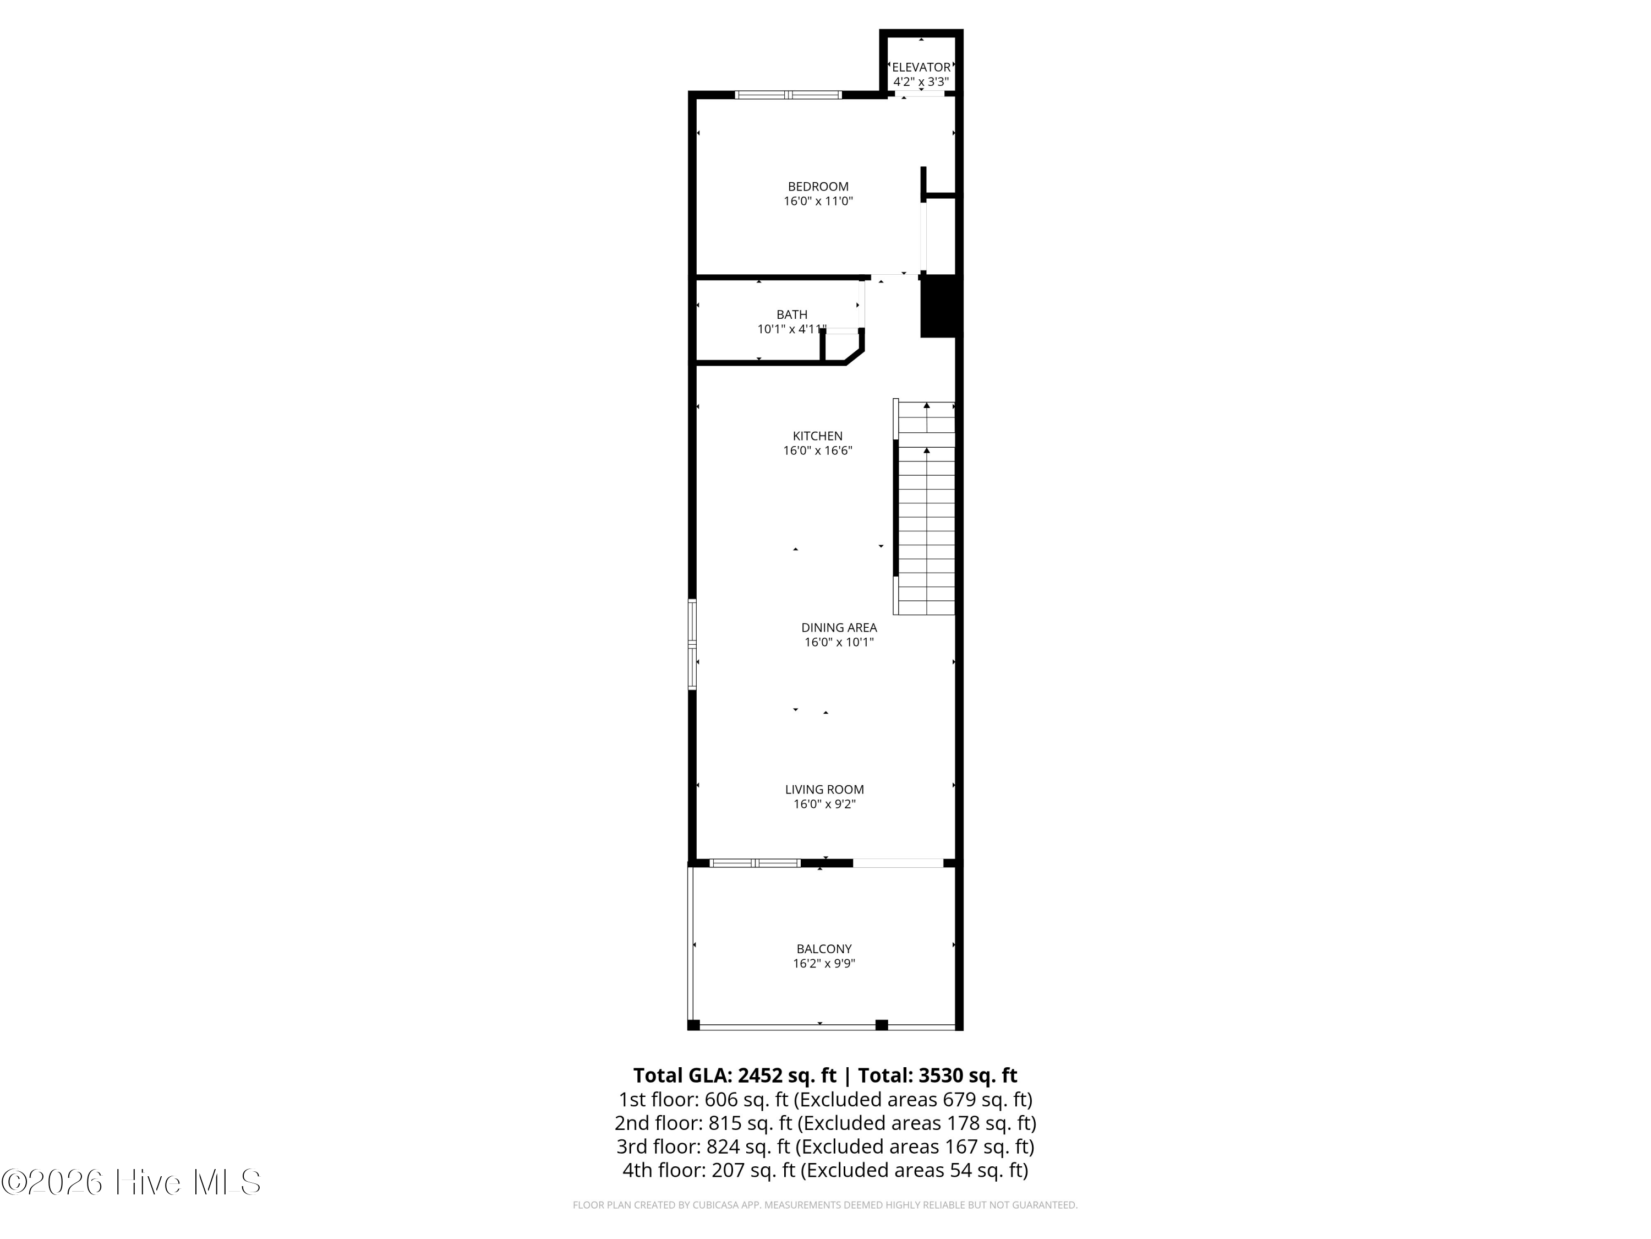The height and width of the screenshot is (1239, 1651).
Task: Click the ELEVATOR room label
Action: pyautogui.click(x=921, y=67)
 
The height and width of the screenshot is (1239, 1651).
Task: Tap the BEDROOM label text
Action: pyautogui.click(x=818, y=187)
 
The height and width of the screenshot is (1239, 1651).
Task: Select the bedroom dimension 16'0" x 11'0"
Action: pyautogui.click(x=818, y=201)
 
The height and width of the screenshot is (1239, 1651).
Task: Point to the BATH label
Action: pyautogui.click(x=791, y=314)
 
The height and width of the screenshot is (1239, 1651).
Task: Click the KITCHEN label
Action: pyautogui.click(x=817, y=436)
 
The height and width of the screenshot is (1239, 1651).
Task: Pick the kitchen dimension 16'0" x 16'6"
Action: pyautogui.click(x=817, y=450)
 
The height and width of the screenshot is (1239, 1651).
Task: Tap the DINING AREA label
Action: pyautogui.click(x=839, y=627)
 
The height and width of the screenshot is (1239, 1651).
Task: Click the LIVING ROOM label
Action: pyautogui.click(x=824, y=790)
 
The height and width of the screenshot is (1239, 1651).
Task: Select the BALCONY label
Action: pyautogui.click(x=823, y=949)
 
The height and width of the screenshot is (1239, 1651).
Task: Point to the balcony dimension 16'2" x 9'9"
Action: pyautogui.click(x=823, y=964)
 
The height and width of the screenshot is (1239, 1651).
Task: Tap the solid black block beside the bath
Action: pyautogui.click(x=937, y=306)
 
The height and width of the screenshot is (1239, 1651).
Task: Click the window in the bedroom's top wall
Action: pyautogui.click(x=788, y=95)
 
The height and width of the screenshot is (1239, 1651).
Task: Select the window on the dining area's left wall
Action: pyautogui.click(x=692, y=644)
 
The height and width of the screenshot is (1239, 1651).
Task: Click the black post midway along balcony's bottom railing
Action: pyautogui.click(x=882, y=1025)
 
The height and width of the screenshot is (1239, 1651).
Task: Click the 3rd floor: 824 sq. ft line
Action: pyautogui.click(x=825, y=1146)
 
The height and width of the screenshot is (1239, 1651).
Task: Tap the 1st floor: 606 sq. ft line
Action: pyautogui.click(x=825, y=1099)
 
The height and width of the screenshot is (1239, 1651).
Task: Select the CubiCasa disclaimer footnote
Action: pyautogui.click(x=825, y=1205)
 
